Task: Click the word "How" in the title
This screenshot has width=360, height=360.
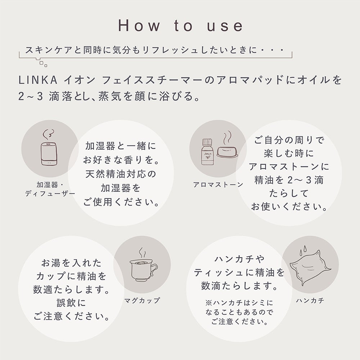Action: (x=139, y=25)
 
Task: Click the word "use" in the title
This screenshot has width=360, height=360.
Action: (x=225, y=26)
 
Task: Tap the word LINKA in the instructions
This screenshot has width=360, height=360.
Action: (x=38, y=80)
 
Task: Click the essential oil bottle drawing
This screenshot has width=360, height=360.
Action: (x=207, y=152)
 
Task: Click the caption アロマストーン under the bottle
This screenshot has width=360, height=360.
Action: (x=218, y=185)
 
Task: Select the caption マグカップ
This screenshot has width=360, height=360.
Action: (x=141, y=301)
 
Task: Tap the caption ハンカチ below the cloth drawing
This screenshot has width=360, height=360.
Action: (x=310, y=301)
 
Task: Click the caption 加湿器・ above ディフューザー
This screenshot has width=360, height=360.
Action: (x=50, y=185)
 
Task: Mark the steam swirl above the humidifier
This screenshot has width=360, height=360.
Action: (x=49, y=134)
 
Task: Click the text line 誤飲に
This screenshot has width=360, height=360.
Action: (x=71, y=303)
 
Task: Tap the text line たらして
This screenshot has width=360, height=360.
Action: (x=289, y=194)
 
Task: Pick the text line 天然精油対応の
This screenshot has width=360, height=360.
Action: (x=121, y=174)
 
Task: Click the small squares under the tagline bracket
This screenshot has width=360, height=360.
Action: (x=43, y=64)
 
